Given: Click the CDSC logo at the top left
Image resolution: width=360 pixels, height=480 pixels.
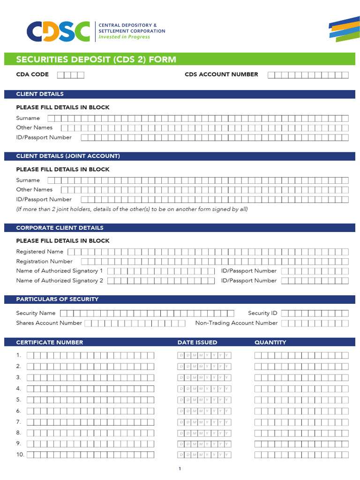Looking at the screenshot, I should click(58, 31).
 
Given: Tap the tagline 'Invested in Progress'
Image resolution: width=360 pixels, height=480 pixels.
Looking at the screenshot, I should click(124, 37).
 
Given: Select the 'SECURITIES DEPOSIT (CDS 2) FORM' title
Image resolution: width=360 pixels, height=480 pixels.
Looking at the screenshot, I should click(96, 60).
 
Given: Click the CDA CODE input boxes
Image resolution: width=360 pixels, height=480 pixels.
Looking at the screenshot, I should click(71, 75).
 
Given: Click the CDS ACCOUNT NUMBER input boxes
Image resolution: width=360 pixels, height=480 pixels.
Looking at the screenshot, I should click(308, 75).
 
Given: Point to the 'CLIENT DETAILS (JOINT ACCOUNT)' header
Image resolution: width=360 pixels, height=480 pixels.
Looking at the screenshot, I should click(68, 156).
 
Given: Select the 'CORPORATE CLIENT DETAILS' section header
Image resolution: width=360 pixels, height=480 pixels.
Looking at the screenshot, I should click(60, 228).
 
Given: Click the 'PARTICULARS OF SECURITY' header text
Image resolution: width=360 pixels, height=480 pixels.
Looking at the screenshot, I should click(57, 299).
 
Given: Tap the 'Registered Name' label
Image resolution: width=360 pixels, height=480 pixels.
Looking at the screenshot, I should click(39, 252).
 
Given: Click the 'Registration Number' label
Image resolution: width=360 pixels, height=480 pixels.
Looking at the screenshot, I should click(44, 262).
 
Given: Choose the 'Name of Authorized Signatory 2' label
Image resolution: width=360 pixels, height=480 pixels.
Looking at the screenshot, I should click(60, 281).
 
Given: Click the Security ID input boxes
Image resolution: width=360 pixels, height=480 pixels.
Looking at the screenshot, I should click(315, 313).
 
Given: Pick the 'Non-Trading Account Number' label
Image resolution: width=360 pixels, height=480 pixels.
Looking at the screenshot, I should click(236, 323).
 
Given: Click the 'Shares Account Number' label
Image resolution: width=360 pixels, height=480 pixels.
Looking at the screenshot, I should click(49, 323).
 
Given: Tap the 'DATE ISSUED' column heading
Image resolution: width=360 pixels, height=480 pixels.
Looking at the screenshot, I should click(197, 343).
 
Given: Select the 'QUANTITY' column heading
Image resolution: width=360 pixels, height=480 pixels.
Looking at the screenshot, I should click(270, 343).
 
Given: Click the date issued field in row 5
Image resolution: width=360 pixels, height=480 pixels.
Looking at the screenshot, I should click(204, 400).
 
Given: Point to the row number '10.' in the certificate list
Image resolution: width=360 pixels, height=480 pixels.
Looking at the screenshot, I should click(20, 455).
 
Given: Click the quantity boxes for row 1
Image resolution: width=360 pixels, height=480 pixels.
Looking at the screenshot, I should click(301, 355).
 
